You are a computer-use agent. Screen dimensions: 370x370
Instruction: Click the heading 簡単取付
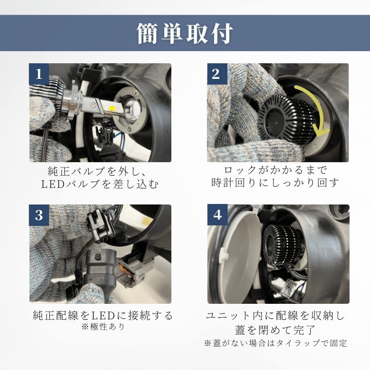[x=185, y=34]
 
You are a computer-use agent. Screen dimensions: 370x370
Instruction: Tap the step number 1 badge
[x=39, y=74]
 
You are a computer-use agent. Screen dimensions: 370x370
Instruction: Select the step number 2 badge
[x=217, y=74]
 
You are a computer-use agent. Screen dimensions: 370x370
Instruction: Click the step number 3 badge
[x=39, y=215]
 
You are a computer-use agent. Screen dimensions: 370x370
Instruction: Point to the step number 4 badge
[x=217, y=215]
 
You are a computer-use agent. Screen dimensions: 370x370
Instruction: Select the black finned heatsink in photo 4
[x=283, y=245]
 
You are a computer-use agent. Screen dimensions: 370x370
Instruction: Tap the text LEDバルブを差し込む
[x=100, y=185]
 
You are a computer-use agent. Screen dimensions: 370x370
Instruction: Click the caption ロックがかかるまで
[x=276, y=170]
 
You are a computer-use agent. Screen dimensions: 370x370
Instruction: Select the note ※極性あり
[x=103, y=327]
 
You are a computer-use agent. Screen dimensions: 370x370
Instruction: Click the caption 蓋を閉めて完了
[x=275, y=330]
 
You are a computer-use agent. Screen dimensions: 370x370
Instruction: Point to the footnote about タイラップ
[x=276, y=343]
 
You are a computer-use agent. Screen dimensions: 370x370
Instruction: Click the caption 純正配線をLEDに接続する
[x=103, y=315]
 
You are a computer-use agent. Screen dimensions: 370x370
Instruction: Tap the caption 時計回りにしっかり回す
[x=275, y=183]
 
